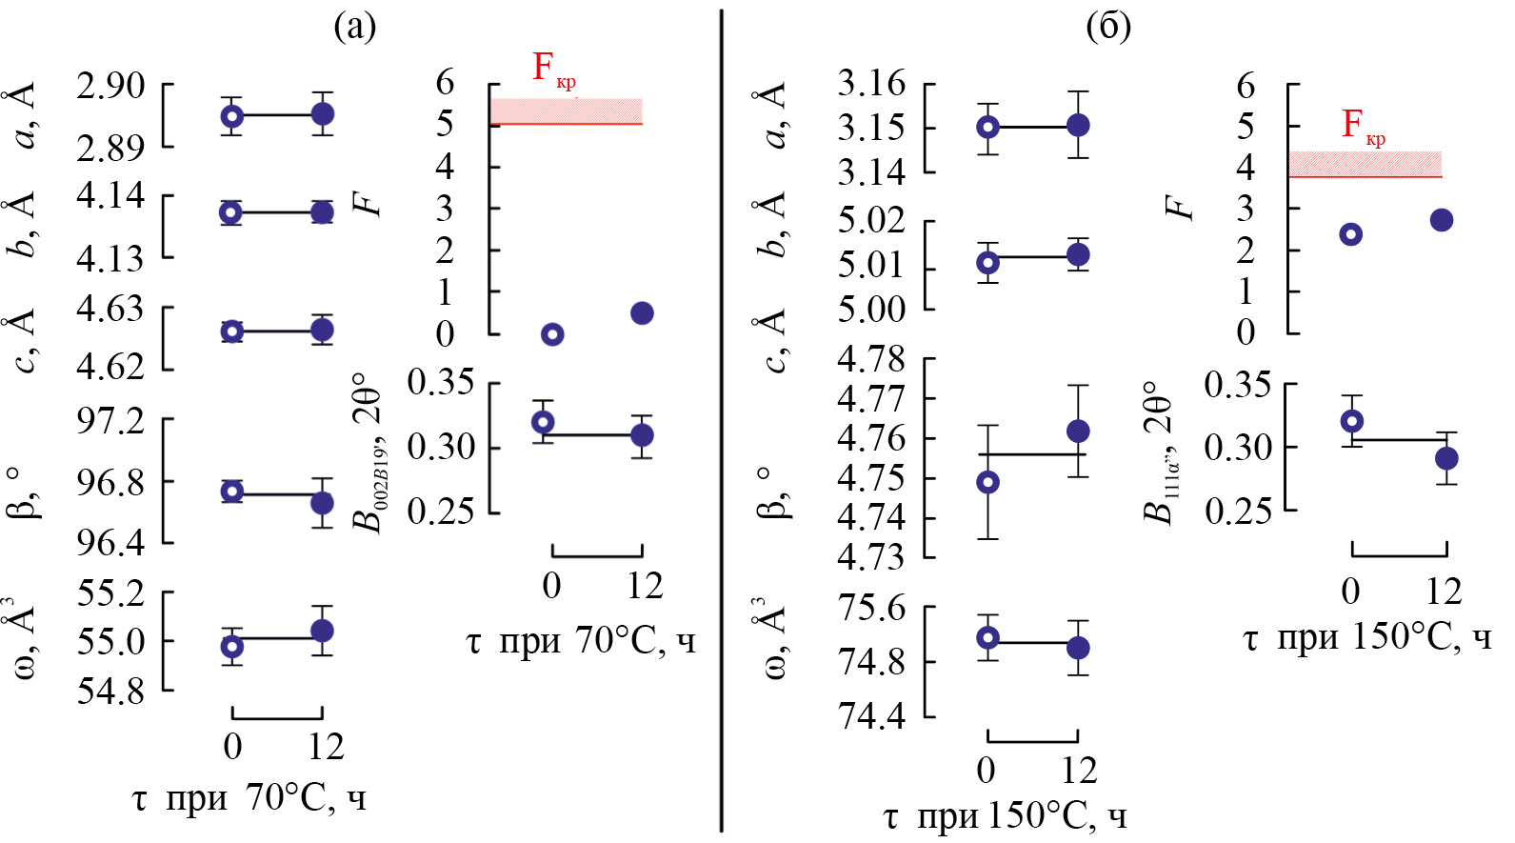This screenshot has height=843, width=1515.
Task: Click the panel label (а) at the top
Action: [x=355, y=26]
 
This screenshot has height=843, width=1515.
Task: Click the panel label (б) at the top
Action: [x=1108, y=26]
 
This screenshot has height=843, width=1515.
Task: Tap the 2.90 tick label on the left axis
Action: [x=111, y=86]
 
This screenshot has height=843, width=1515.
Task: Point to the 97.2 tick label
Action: [x=111, y=419]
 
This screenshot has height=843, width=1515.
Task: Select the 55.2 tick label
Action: [x=111, y=593]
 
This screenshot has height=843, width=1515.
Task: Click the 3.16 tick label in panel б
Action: [x=871, y=84]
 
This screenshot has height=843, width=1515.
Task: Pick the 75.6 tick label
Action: [x=871, y=608]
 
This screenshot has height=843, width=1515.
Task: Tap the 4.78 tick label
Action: [x=871, y=359]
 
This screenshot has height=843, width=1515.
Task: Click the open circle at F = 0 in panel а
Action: [x=552, y=334]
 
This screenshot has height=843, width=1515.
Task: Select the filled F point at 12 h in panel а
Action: [x=642, y=313]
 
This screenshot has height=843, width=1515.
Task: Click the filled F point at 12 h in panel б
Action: [x=1442, y=220]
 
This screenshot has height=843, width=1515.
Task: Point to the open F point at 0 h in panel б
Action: [x=1350, y=234]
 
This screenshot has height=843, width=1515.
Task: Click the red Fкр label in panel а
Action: [x=552, y=69]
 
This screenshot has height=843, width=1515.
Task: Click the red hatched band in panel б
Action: [x=1365, y=164]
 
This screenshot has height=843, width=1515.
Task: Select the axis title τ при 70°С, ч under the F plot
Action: [x=581, y=640]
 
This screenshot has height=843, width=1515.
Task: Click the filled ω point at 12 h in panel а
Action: [x=322, y=631]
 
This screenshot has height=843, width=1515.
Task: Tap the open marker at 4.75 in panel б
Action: [x=988, y=483]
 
